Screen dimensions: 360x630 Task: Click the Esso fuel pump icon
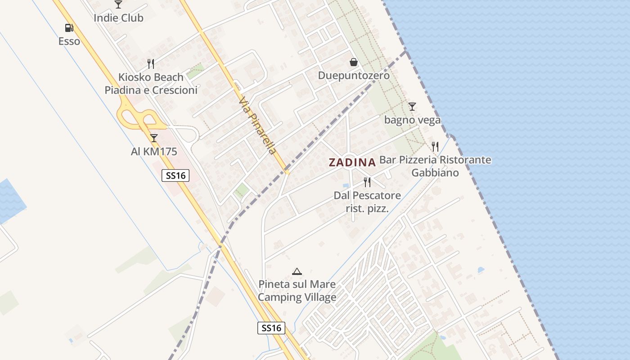coord(69,28)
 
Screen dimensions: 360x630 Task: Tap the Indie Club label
coord(118,18)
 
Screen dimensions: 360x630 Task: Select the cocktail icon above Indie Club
coord(118,4)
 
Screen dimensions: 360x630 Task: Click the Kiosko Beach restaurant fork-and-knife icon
coord(151,64)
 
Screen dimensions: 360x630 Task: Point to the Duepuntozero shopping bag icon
coord(354,62)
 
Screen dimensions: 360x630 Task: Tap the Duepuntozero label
coord(354,76)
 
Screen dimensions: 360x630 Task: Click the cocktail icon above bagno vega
coord(412,107)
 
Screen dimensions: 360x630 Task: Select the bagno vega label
coord(412,120)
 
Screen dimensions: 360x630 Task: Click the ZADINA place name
coord(352,162)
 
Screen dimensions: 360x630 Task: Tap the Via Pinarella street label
coord(257,126)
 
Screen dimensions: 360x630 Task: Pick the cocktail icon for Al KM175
coord(154,138)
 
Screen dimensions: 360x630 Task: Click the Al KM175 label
coord(154,152)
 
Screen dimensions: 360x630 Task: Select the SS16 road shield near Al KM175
coord(175,175)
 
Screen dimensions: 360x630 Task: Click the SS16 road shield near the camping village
coord(272,328)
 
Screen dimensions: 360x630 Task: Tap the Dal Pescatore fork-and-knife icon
coord(367,182)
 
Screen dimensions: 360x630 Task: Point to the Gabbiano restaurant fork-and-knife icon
coord(435,147)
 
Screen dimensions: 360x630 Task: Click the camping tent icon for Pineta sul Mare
coord(297,271)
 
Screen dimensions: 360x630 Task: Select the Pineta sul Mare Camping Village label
coord(297,291)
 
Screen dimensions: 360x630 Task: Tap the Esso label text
coord(69,41)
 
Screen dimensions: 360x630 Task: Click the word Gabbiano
coord(435,173)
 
